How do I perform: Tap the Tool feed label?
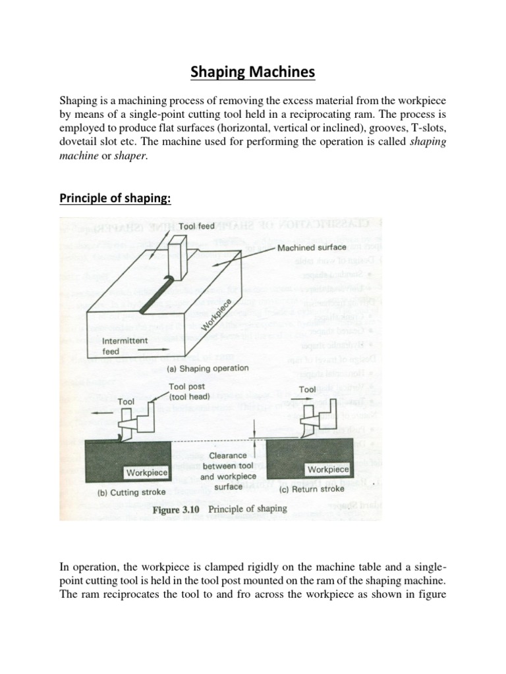click(196, 226)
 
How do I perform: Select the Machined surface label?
click(312, 247)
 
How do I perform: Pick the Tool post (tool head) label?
click(189, 392)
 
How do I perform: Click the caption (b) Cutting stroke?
click(120, 492)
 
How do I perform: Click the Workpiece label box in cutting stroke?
click(147, 473)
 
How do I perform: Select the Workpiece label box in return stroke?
click(327, 469)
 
